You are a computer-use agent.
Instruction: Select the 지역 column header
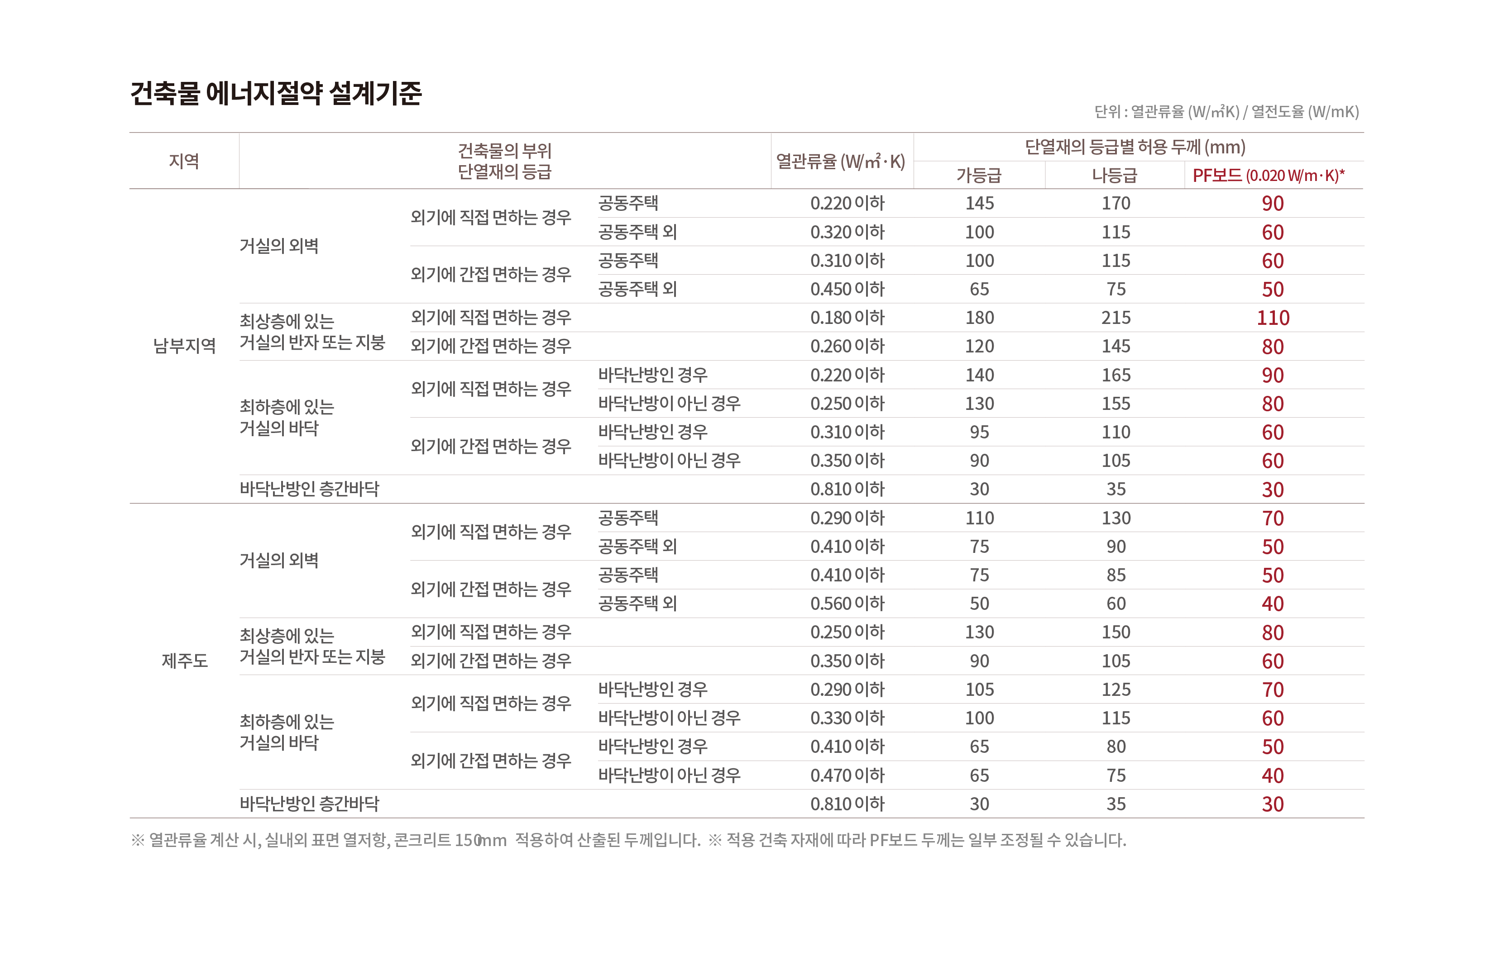[183, 161]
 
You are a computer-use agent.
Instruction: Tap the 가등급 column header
[979, 175]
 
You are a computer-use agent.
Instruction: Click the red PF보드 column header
[1268, 175]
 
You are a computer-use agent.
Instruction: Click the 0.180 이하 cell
[847, 318]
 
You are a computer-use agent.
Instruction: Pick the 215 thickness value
[1116, 318]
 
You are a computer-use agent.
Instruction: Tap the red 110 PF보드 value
[1273, 318]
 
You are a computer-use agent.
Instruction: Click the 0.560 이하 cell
[847, 604]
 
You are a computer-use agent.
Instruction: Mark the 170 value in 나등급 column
[1116, 203]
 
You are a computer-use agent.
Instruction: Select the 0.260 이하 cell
[847, 346]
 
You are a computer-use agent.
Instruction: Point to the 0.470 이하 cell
[847, 775]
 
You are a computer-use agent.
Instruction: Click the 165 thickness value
[1116, 375]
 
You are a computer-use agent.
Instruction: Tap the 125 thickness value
[1116, 690]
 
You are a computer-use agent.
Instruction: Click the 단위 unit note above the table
[1226, 112]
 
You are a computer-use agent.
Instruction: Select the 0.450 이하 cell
[847, 289]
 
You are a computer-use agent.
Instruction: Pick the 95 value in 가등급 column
[979, 432]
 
